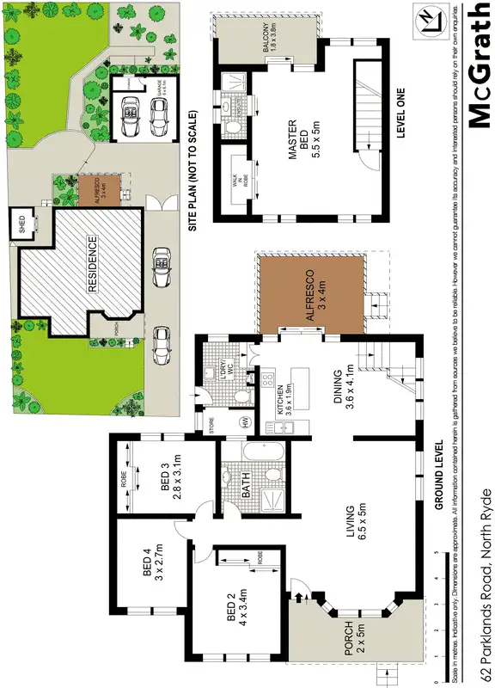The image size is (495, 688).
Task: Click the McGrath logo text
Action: tap(478, 64)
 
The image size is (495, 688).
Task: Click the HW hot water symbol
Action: tap(247, 421)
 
